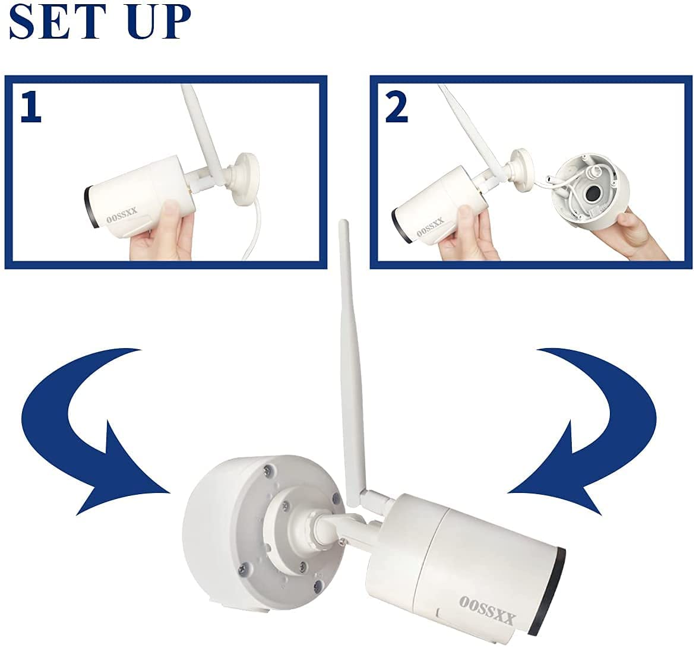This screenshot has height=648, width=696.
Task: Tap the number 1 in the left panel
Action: (31, 108)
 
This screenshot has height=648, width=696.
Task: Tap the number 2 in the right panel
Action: (396, 108)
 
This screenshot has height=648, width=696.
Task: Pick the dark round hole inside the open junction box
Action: (593, 194)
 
